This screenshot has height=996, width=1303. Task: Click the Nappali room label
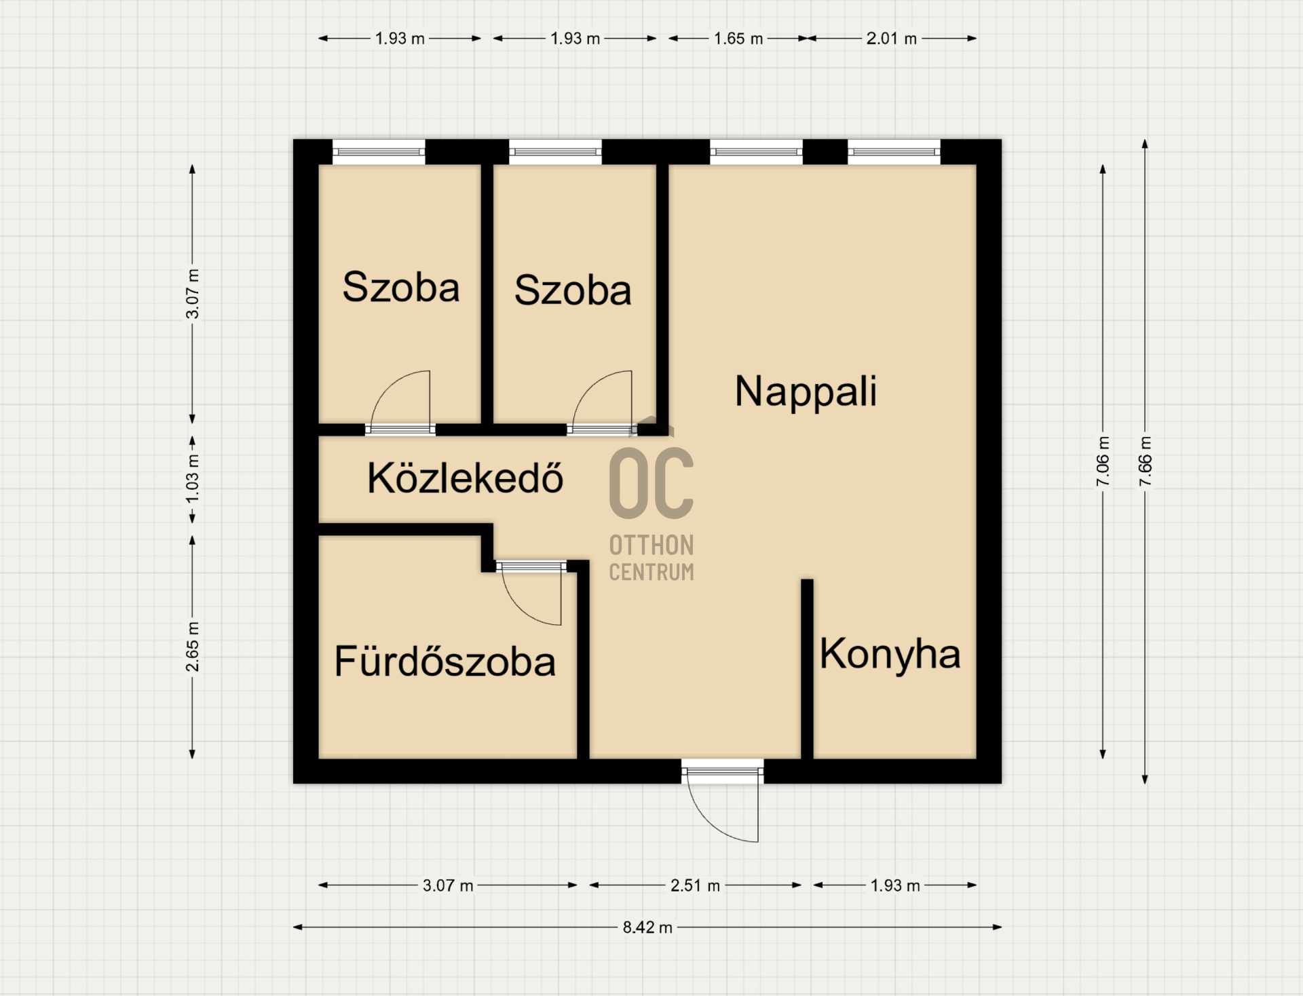tap(806, 392)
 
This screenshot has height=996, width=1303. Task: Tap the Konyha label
tap(890, 654)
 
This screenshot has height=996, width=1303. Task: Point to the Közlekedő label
tap(465, 478)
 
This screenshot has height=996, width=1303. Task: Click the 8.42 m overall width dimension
tap(647, 927)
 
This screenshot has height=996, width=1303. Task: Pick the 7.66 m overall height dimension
tap(1145, 461)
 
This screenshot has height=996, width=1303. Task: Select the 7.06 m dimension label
tap(1103, 461)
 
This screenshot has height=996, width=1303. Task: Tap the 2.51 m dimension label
tap(695, 885)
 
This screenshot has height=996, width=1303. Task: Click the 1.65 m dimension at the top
tap(738, 39)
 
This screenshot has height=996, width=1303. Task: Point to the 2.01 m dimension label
tap(891, 39)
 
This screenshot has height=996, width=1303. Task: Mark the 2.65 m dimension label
tap(193, 647)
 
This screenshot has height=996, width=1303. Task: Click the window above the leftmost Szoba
tap(379, 152)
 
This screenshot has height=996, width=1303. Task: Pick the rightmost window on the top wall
tap(894, 152)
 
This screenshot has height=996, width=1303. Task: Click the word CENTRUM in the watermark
tap(651, 573)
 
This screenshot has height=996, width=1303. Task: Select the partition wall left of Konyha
tap(807, 669)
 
